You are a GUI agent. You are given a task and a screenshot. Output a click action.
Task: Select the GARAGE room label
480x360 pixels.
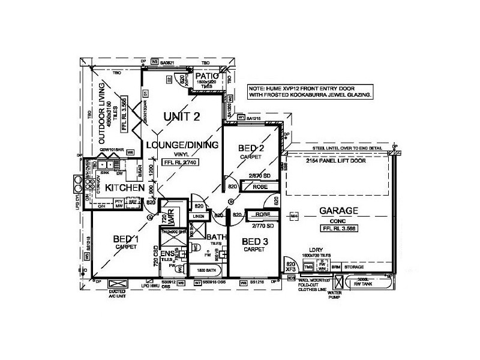point(339,211)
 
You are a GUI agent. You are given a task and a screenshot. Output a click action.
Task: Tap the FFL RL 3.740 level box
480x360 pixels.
point(180,162)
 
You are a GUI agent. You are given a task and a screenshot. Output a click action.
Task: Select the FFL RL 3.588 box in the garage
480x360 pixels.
point(338,229)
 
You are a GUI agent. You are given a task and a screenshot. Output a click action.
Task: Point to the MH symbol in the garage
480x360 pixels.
point(294,216)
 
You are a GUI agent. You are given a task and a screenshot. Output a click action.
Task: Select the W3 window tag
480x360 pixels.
point(154,61)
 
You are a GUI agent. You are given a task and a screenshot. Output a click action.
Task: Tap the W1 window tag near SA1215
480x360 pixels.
point(241,118)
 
